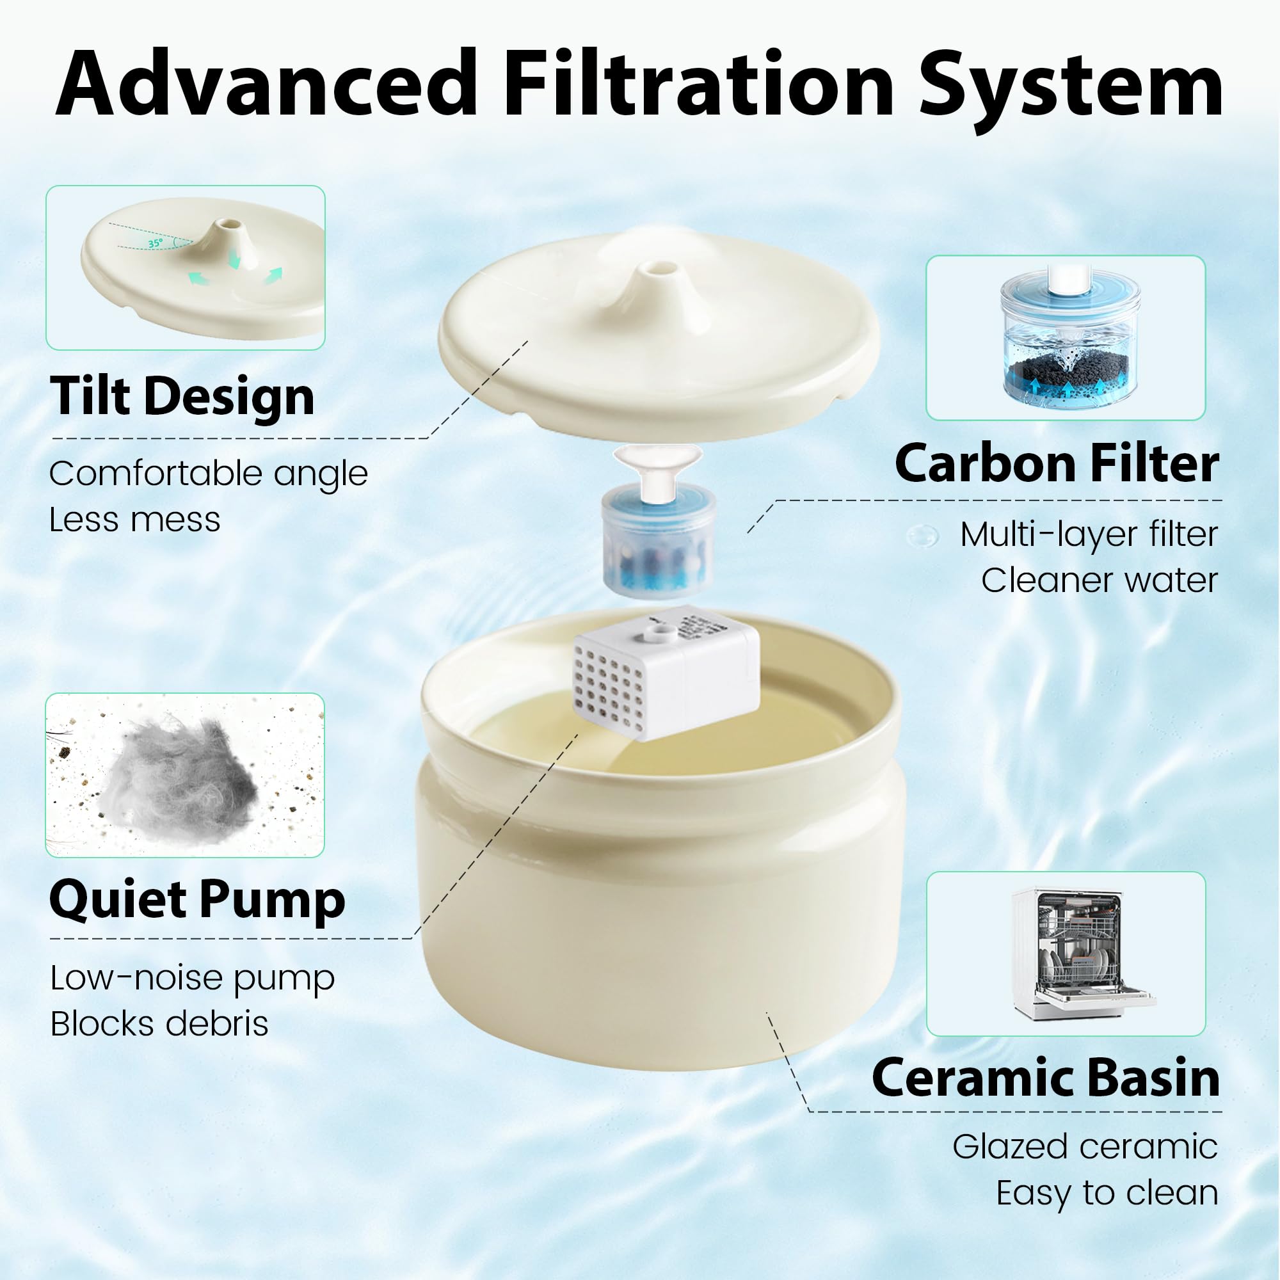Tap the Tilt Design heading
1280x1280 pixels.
[x=182, y=397]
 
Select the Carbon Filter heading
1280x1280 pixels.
[x=1057, y=463]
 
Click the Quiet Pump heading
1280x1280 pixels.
[x=197, y=900]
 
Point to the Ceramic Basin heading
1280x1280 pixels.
[x=1046, y=1078]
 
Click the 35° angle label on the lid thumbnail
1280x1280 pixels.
[x=155, y=243]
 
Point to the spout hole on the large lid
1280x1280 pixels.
[x=659, y=268]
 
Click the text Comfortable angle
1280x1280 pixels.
[x=208, y=474]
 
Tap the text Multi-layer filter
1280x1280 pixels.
[x=1089, y=534]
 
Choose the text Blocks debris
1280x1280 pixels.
[x=159, y=1023]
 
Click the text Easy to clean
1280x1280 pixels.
[x=1107, y=1194]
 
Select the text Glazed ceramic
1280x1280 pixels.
[x=1085, y=1147]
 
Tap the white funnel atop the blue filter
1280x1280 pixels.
[x=657, y=467]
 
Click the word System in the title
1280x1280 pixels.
[x=1070, y=90]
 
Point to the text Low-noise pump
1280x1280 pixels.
[x=193, y=979]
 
